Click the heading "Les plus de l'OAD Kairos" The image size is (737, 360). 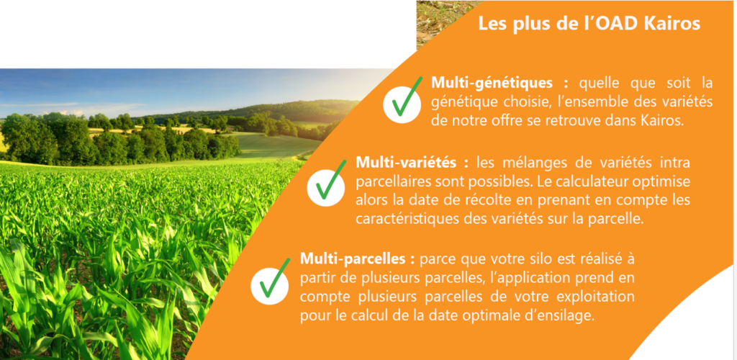tap(589, 23)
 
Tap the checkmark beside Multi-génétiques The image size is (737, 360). tap(402, 99)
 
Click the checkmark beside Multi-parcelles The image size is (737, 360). tap(271, 280)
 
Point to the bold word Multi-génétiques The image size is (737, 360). tap(492, 84)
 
